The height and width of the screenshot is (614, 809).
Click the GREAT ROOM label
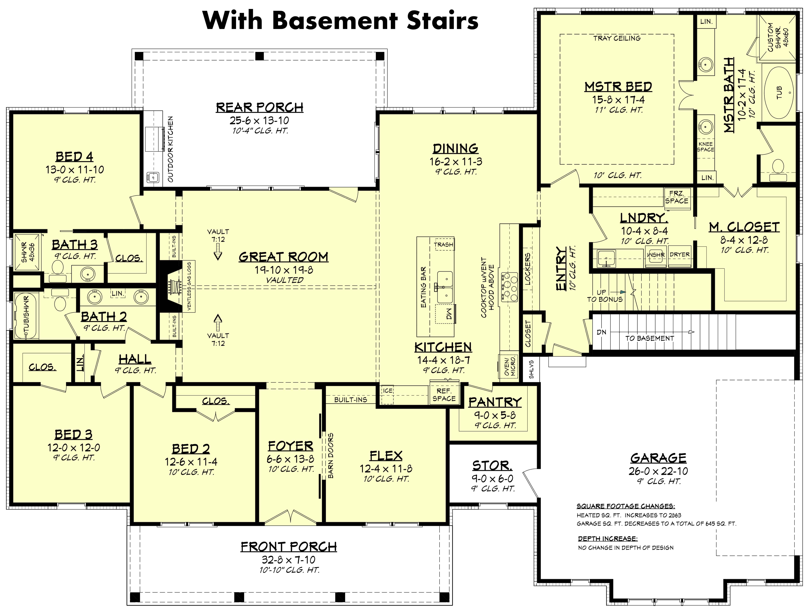[x=283, y=257]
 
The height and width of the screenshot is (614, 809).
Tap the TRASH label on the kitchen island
[x=443, y=244]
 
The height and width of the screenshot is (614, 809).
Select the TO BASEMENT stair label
[x=650, y=338]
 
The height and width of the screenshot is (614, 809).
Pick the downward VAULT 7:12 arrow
[x=218, y=252]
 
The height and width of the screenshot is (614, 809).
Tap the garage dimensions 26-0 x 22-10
[x=658, y=471]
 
